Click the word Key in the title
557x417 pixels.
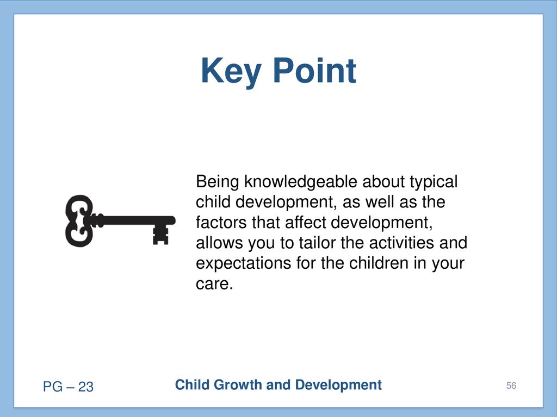(x=231, y=72)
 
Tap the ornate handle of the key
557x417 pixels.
(x=79, y=220)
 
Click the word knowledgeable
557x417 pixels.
(x=300, y=182)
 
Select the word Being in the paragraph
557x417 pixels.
(x=218, y=182)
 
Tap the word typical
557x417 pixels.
(x=434, y=182)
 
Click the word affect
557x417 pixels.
(x=306, y=223)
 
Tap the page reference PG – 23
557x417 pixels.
(x=68, y=387)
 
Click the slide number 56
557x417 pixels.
(x=511, y=386)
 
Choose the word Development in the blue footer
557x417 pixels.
(x=338, y=385)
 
